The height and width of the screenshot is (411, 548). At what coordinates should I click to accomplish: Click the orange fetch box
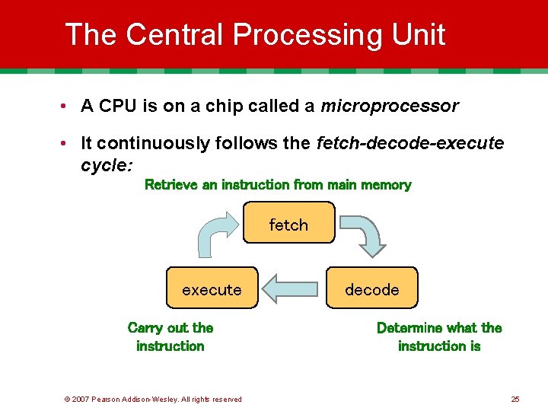pos(288,222)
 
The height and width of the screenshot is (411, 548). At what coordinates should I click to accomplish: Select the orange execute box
pos(212,288)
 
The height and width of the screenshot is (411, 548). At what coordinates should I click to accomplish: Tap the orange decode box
pos(372,288)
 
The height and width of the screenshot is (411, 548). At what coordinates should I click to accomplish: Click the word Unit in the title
pos(416,35)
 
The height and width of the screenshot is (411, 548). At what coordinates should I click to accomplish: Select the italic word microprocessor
pos(389,106)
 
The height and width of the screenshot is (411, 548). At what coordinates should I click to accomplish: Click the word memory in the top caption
pos(386,184)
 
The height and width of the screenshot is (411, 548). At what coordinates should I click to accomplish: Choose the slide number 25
pos(515,399)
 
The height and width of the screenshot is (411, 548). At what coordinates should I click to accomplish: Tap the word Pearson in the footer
pos(107,399)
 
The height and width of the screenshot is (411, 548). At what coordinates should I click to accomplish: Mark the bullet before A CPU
pos(67,107)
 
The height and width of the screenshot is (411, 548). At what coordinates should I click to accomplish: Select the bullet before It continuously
pos(67,144)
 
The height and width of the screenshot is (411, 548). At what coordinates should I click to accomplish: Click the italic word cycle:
pos(107,164)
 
